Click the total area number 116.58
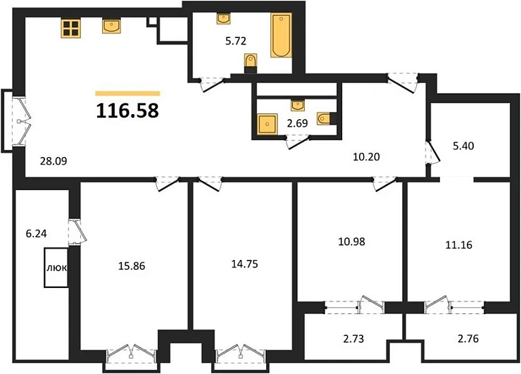point(127,111)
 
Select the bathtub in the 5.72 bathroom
point(280,35)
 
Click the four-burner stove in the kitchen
point(70,28)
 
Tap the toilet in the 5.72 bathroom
point(250,63)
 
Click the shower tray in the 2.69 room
point(267,124)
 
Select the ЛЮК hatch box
point(57,269)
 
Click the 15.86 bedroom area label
point(133,267)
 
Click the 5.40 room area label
point(465,147)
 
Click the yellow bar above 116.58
point(127,93)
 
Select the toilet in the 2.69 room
point(323,119)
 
